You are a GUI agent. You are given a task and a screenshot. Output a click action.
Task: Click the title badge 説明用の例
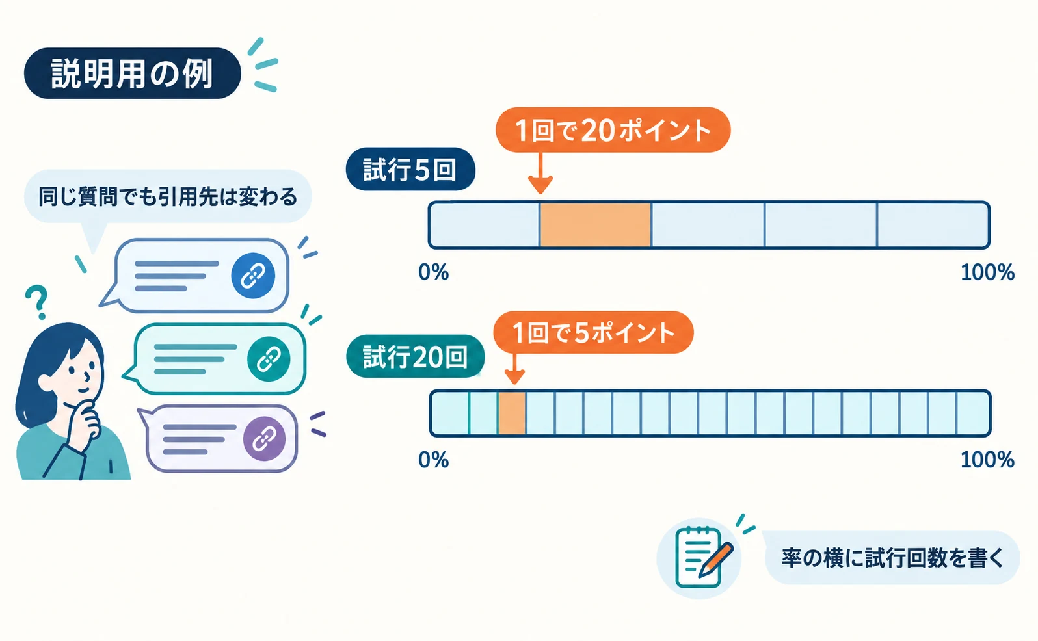pyautogui.click(x=133, y=73)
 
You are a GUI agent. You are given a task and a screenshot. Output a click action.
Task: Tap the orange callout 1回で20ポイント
pyautogui.click(x=613, y=130)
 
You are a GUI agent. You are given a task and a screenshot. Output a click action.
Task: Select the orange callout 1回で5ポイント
pyautogui.click(x=593, y=333)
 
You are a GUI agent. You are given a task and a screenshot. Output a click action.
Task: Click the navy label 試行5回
pyautogui.click(x=410, y=169)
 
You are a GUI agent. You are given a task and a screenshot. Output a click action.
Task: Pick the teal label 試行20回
pyautogui.click(x=415, y=357)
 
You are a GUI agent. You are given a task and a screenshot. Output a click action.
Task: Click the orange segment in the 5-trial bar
pyautogui.click(x=596, y=225)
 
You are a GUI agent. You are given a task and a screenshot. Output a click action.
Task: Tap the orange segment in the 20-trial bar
pyautogui.click(x=512, y=413)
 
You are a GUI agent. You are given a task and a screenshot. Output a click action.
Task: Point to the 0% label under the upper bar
pyautogui.click(x=433, y=272)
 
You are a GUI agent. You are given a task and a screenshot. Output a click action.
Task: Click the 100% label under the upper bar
pyautogui.click(x=987, y=272)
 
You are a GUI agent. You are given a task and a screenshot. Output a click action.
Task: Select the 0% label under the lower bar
pyautogui.click(x=433, y=460)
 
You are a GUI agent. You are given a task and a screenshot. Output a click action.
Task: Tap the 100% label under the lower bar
pyautogui.click(x=987, y=460)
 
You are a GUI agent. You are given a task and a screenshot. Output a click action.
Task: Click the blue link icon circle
pyautogui.click(x=253, y=276)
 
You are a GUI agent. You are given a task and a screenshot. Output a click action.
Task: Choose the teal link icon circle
pyautogui.click(x=269, y=359)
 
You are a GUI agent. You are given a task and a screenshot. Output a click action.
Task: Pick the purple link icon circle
pyautogui.click(x=264, y=439)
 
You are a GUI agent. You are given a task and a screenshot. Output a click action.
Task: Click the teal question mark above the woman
pyautogui.click(x=37, y=302)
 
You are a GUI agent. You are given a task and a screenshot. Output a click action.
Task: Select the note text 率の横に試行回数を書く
pyautogui.click(x=892, y=558)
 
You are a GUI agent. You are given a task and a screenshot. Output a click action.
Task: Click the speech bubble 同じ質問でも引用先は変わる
pyautogui.click(x=168, y=196)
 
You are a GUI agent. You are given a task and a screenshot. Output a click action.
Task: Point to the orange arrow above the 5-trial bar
pyautogui.click(x=540, y=173)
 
